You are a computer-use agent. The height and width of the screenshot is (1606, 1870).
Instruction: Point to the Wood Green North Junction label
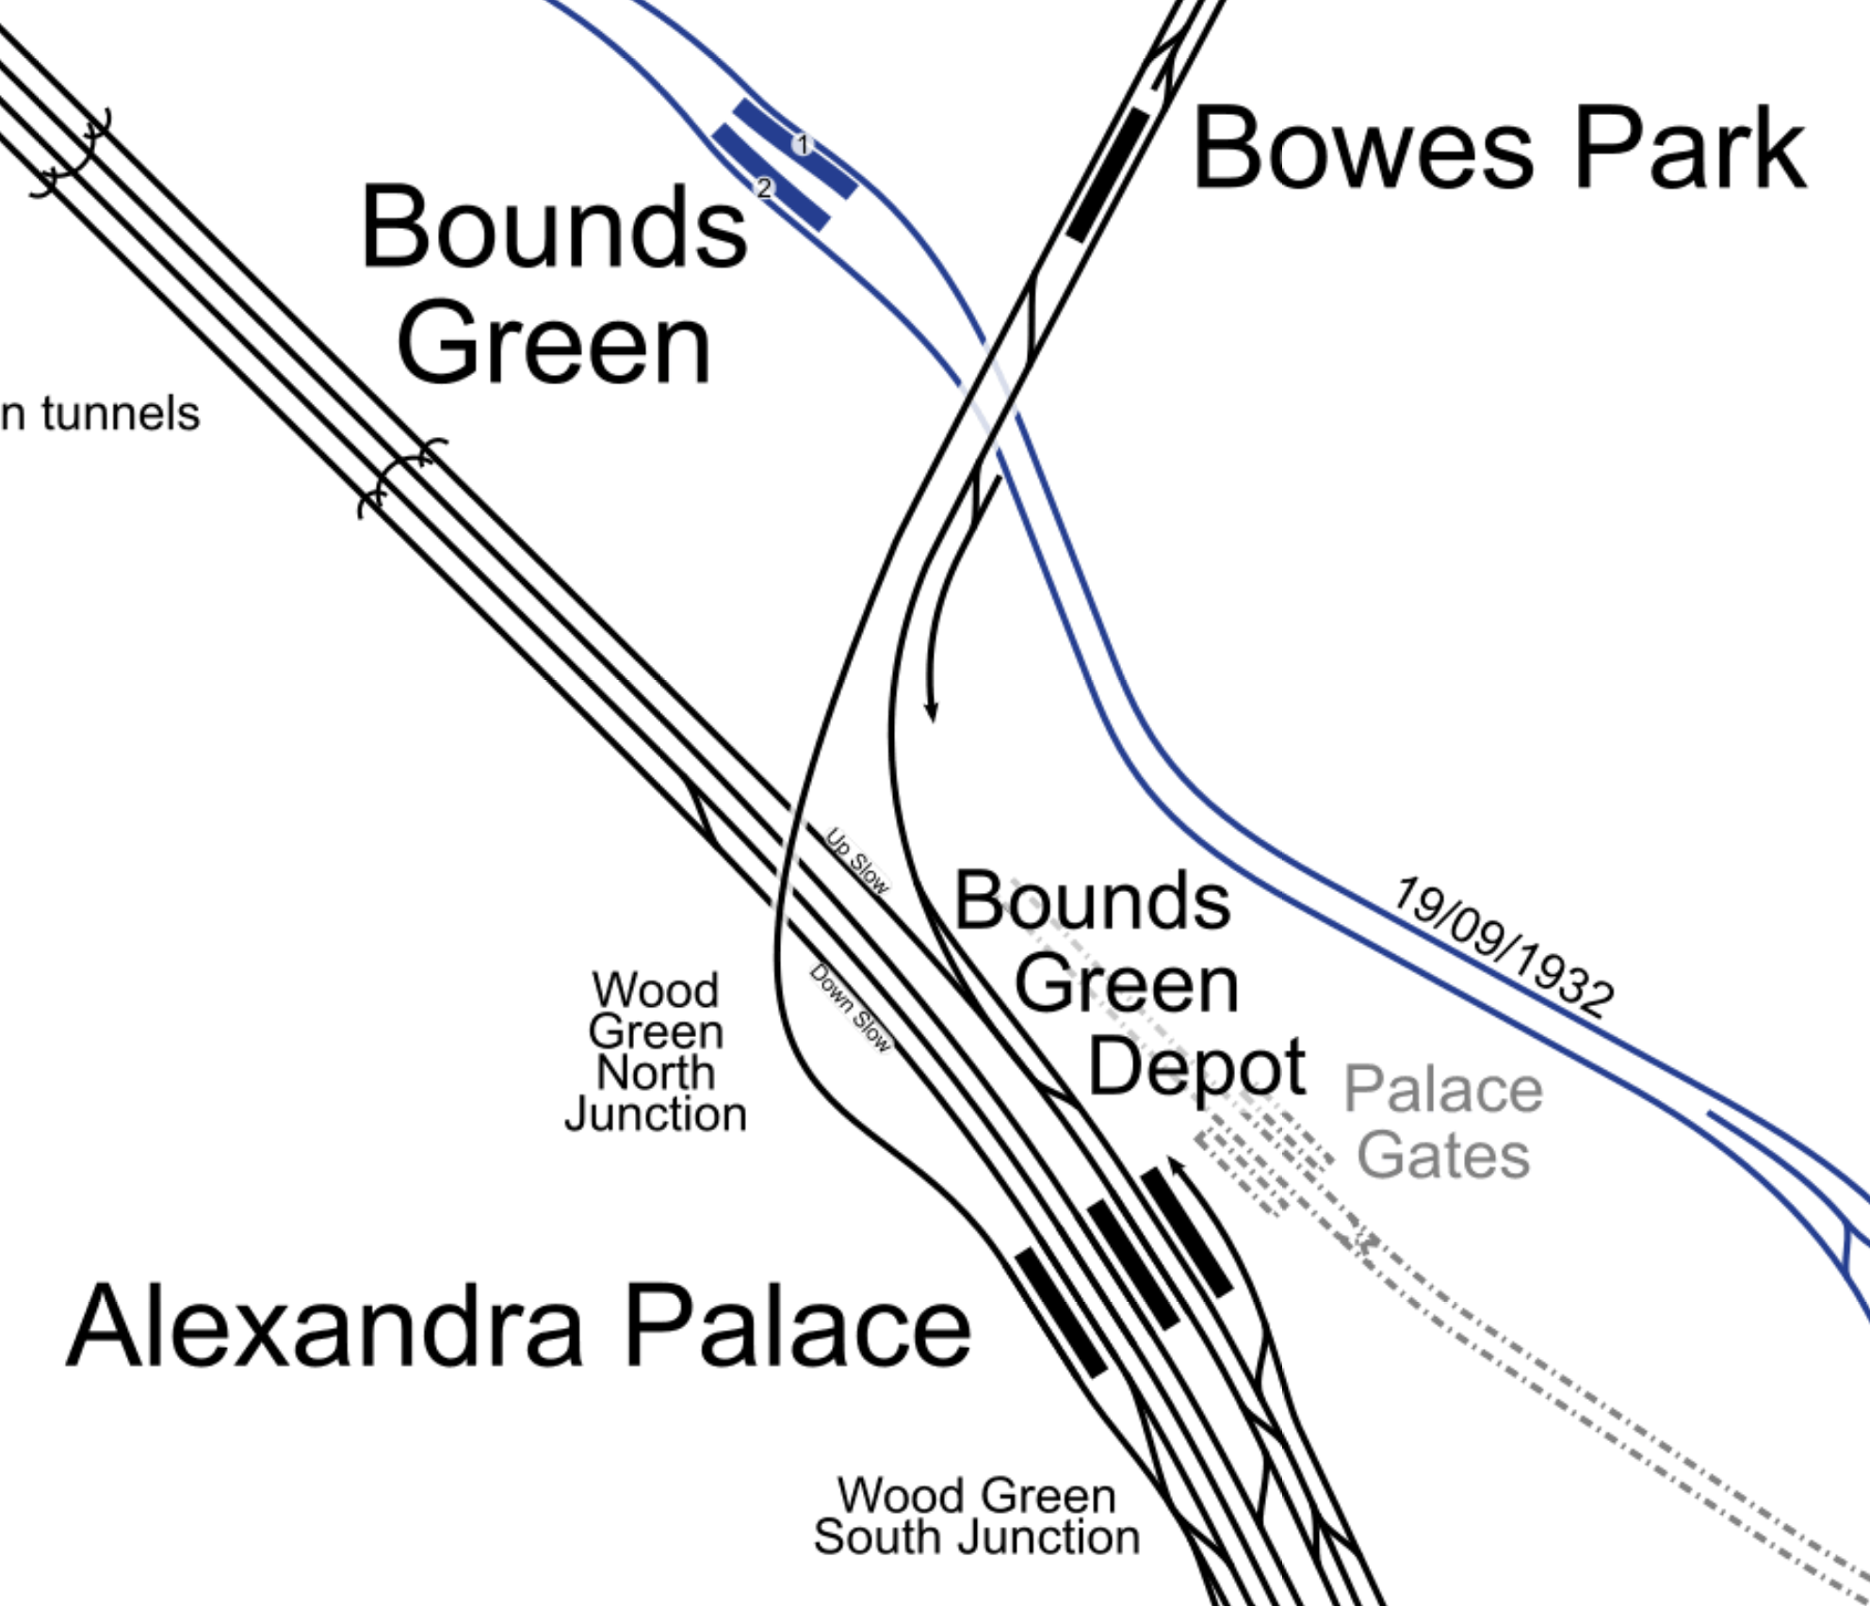[656, 1053]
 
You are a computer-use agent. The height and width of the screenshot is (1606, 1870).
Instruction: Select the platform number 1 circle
[803, 144]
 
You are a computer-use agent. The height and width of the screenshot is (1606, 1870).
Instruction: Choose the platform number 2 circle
[764, 188]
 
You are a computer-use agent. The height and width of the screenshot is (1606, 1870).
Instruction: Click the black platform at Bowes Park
[1109, 174]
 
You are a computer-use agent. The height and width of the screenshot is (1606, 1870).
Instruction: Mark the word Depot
[1196, 1067]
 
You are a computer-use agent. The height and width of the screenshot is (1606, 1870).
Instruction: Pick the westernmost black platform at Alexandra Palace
[1060, 1312]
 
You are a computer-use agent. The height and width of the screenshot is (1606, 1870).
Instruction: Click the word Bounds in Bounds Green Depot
[1093, 902]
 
